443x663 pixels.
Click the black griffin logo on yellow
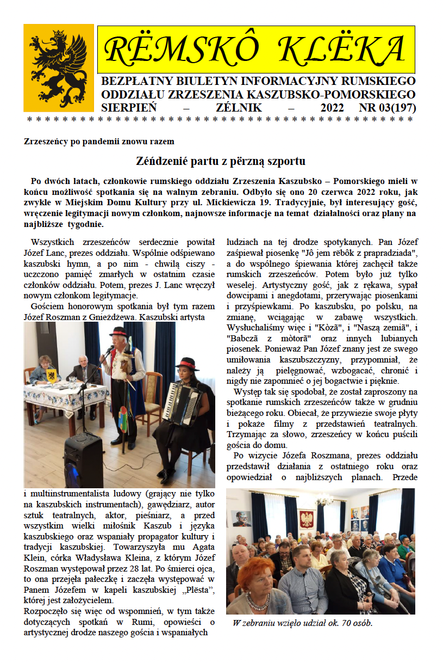(x=59, y=68)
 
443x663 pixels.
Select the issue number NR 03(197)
(x=388, y=108)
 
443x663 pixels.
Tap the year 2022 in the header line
(x=332, y=108)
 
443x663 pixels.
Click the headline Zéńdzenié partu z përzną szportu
(x=220, y=161)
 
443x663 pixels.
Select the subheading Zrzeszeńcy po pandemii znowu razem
(x=99, y=142)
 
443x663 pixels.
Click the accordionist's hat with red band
(x=186, y=363)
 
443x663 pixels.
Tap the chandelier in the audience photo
(x=325, y=500)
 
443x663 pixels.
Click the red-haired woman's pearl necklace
(x=257, y=601)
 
